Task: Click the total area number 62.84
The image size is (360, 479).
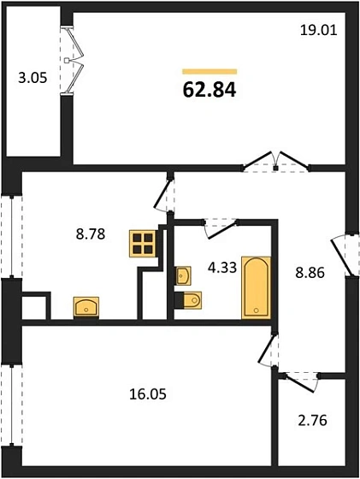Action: point(209,89)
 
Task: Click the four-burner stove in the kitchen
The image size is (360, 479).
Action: point(144,244)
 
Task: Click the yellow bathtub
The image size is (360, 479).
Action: point(256,286)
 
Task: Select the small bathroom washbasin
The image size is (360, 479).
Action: point(183,275)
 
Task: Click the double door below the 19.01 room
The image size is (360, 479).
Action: point(275,163)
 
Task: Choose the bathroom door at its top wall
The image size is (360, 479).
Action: point(220,224)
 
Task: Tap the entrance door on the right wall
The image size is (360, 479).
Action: point(351,254)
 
